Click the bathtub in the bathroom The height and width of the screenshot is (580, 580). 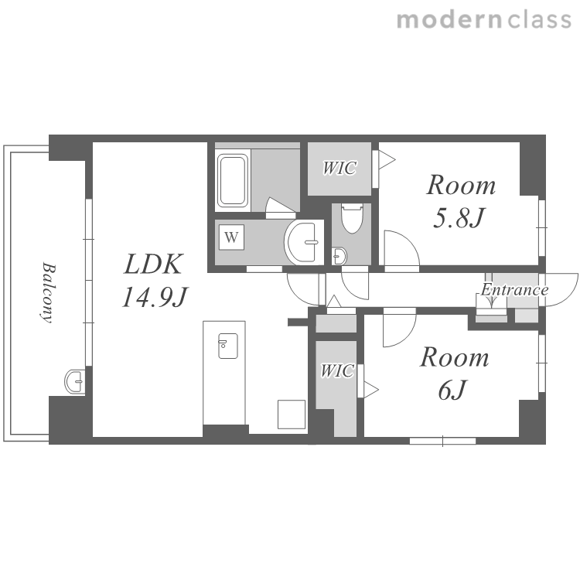232,180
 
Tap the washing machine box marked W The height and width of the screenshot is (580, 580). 231,237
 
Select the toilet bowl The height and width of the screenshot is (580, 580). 352,218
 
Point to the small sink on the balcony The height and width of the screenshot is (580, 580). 75,381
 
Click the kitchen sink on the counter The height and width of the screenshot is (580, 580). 228,346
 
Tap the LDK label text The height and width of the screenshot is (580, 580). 153,264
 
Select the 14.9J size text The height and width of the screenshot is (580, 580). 155,297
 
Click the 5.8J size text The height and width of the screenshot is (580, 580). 458,218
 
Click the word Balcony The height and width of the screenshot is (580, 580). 47,292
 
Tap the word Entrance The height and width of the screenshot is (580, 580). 514,290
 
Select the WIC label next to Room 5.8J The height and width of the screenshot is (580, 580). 339,168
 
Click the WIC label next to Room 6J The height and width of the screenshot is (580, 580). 337,370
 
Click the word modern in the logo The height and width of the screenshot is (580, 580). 449,20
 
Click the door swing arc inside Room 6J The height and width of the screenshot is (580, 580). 407,335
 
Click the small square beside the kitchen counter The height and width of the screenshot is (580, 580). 292,415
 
